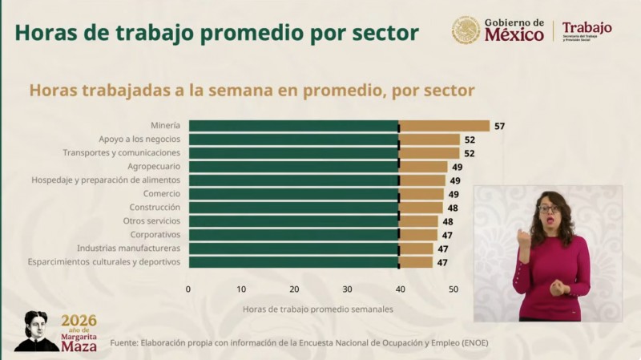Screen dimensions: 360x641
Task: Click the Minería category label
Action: [x=165, y=126]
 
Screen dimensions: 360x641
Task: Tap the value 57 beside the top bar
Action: [x=499, y=126]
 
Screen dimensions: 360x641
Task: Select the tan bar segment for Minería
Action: [x=444, y=126]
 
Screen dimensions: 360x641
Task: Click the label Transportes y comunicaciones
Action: [x=122, y=153]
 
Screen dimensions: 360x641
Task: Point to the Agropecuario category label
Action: [x=154, y=167]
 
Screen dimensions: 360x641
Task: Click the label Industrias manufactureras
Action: [x=128, y=249]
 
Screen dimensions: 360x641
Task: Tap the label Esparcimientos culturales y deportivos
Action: [x=104, y=262]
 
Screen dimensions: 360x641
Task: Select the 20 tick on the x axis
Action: [x=294, y=289]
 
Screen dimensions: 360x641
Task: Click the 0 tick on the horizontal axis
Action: [x=188, y=289]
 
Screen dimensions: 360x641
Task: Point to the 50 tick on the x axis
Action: [x=453, y=289]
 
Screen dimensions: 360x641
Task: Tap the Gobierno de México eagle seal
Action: [x=466, y=30]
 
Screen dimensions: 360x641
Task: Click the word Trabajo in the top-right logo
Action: [x=587, y=28]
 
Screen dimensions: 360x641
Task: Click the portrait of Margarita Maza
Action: [x=37, y=330]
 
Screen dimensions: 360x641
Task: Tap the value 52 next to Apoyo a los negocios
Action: [x=470, y=140]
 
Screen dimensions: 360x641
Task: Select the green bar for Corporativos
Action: [x=293, y=235]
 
